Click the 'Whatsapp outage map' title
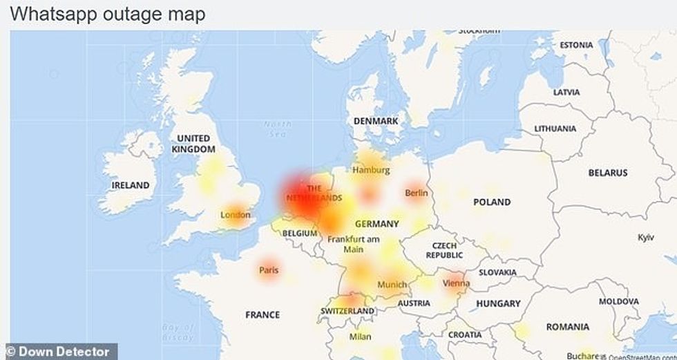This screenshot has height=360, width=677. coord(108,15)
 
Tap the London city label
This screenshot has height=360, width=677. coord(235,215)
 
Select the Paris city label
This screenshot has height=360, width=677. coord(269,270)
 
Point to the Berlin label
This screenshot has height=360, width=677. coord(417,193)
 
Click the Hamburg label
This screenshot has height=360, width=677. coord(371,170)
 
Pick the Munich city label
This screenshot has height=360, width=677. coord(392,285)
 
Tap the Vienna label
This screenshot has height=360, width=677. coord(457,283)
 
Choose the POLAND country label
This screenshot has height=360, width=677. coord(492,202)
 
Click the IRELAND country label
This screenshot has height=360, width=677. coord(131,185)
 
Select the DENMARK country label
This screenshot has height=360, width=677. coord(376,121)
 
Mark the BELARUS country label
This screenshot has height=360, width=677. coord(608,173)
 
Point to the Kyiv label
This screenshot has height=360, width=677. coord(646,237)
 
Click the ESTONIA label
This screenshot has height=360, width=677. coord(576,45)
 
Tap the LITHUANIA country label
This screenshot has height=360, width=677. coord(555,129)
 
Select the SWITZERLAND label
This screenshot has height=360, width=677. coord(347,312)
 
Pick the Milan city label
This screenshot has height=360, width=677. coord(360,337)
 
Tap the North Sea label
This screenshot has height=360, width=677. coord(278,129)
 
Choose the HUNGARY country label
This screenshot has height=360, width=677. coord(498,303)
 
